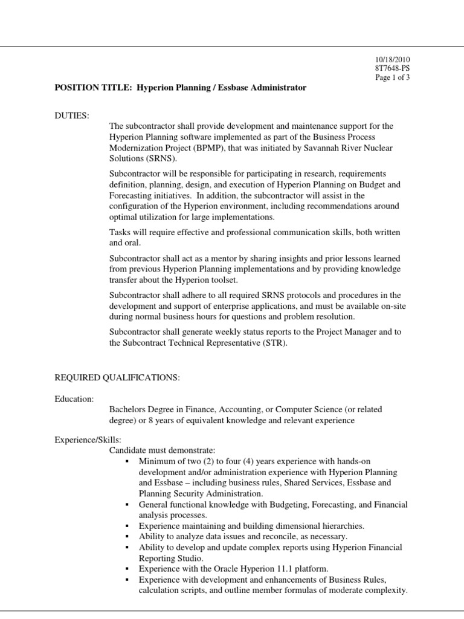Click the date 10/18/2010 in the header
click(394, 59)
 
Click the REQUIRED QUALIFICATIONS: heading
click(117, 378)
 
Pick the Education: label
click(74, 399)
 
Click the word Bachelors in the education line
click(128, 409)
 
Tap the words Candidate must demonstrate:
click(158, 451)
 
